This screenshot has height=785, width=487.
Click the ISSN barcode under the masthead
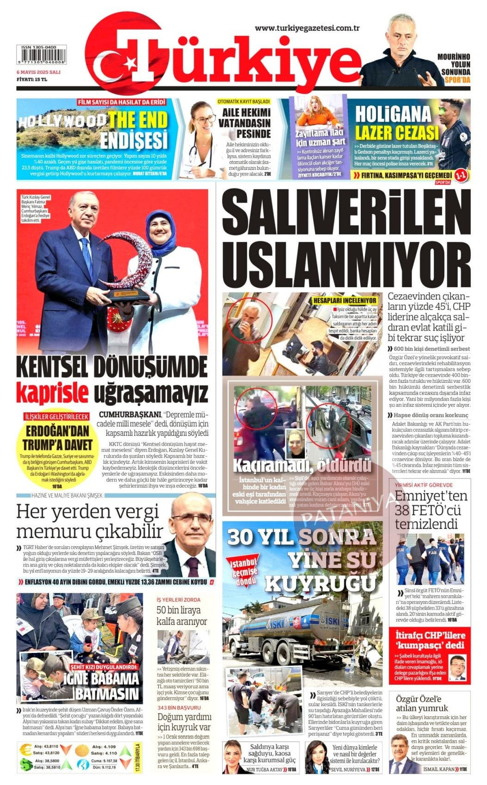(40, 57)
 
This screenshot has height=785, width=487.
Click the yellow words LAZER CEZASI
(396, 133)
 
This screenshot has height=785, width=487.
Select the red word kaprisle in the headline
(52, 394)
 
